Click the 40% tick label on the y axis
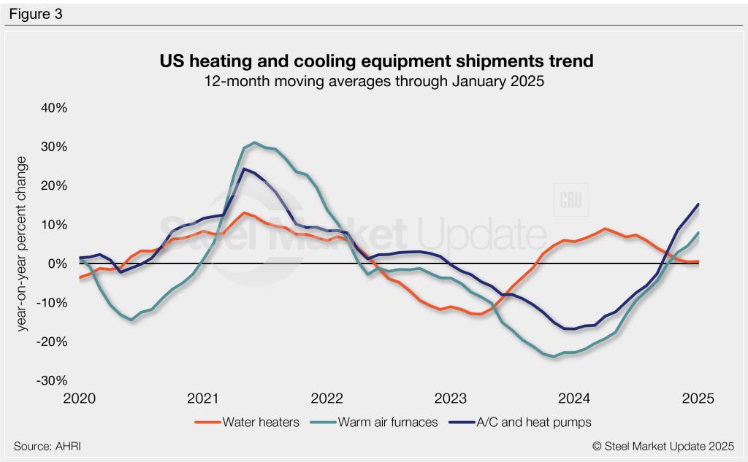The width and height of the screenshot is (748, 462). tap(53, 108)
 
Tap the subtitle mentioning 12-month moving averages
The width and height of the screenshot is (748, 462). tap(373, 82)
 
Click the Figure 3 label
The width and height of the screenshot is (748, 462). tap(37, 13)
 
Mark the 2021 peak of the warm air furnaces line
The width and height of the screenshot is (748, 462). tap(254, 142)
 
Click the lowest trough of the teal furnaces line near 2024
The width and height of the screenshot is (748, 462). tap(554, 357)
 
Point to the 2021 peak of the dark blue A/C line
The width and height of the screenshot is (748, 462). tap(244, 169)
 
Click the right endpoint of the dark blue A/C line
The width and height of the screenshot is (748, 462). tap(698, 204)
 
